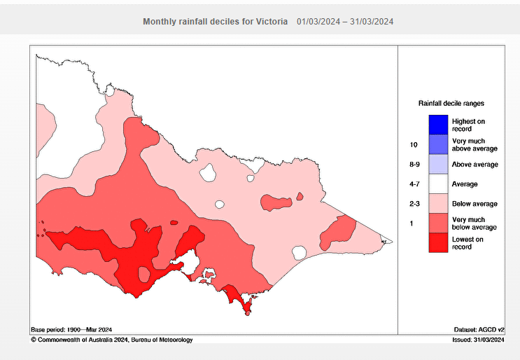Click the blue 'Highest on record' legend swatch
438,125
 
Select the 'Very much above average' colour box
438,144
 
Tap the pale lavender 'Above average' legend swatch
438,164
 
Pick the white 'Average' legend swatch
438,184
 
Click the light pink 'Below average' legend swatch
438,203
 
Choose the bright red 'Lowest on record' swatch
438,242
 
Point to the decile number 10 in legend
414,145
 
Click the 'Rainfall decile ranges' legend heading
451,103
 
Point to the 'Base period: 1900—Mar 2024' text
71,329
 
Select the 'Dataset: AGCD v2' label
479,329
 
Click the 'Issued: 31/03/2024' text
478,340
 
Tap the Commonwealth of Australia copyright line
111,340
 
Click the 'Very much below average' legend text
475,223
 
